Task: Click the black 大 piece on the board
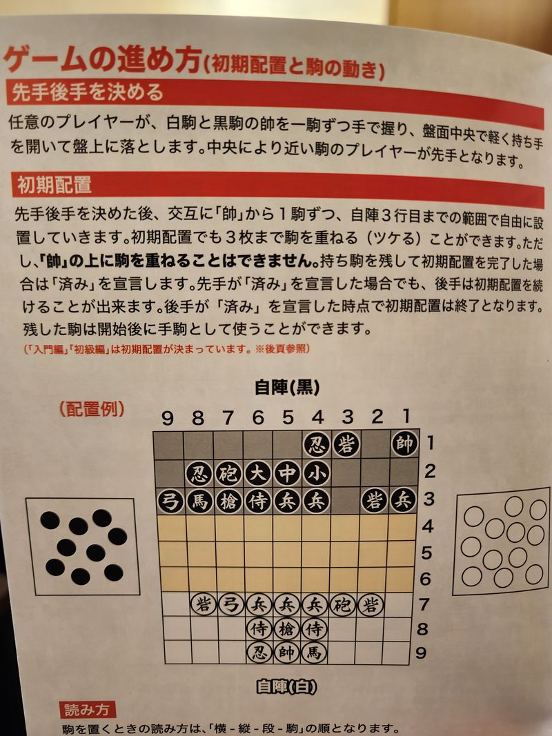pos(257,474)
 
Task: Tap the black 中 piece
pos(287,474)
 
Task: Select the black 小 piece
pos(317,474)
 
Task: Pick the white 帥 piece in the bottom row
pos(286,653)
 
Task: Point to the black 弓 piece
pos(170,501)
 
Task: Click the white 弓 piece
pos(230,605)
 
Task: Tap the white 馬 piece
pos(314,653)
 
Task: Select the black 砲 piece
pos(228,474)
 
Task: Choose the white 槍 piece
pos(286,629)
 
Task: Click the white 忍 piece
pos(259,653)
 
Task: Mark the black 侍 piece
pos(257,501)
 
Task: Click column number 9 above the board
pos(168,418)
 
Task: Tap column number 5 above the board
pos(288,417)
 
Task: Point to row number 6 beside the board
pos(425,578)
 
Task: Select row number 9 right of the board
pos(422,653)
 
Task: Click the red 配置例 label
pos(92,409)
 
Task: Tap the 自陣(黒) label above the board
pos(287,388)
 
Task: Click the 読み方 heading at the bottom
pos(88,710)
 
